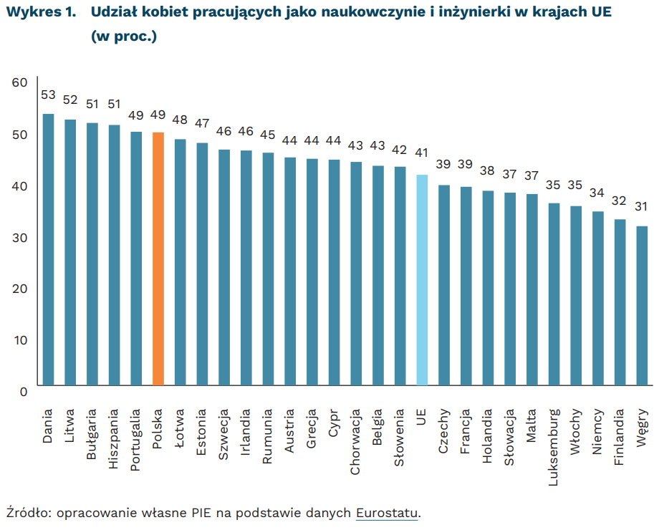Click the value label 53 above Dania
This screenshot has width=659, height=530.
pyautogui.click(x=49, y=95)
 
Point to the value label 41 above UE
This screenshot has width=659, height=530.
pyautogui.click(x=422, y=153)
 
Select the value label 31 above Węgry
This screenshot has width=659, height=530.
pyautogui.click(x=642, y=207)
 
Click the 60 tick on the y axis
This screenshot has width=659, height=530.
pyautogui.click(x=19, y=83)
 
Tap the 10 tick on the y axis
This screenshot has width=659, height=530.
pyautogui.click(x=19, y=339)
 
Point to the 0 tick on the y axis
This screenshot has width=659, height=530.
pyautogui.click(x=23, y=391)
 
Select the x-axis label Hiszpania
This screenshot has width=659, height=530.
pyautogui.click(x=115, y=439)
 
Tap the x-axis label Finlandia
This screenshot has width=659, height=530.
pyautogui.click(x=620, y=438)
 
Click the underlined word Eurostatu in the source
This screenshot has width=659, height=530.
pyautogui.click(x=387, y=513)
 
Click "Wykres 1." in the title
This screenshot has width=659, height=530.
pyautogui.click(x=41, y=14)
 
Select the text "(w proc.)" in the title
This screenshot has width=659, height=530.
pyautogui.click(x=123, y=37)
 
